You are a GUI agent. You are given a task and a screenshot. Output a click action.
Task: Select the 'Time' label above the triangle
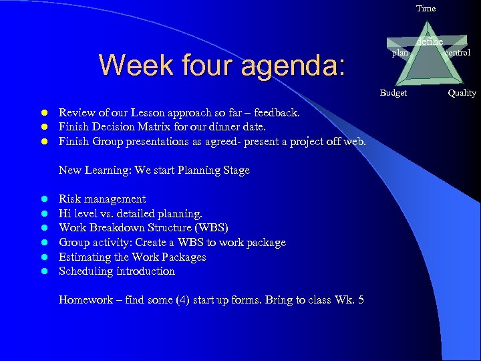426,9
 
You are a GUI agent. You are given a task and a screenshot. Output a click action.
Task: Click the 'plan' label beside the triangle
399,53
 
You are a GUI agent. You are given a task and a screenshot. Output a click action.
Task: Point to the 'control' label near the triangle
458,52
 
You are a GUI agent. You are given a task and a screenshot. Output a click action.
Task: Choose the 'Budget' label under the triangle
393,93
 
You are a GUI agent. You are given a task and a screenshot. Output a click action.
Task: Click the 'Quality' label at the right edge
462,93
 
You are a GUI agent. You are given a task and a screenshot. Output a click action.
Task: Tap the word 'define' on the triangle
429,42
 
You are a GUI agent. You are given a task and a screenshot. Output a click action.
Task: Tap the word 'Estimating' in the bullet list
86,257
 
